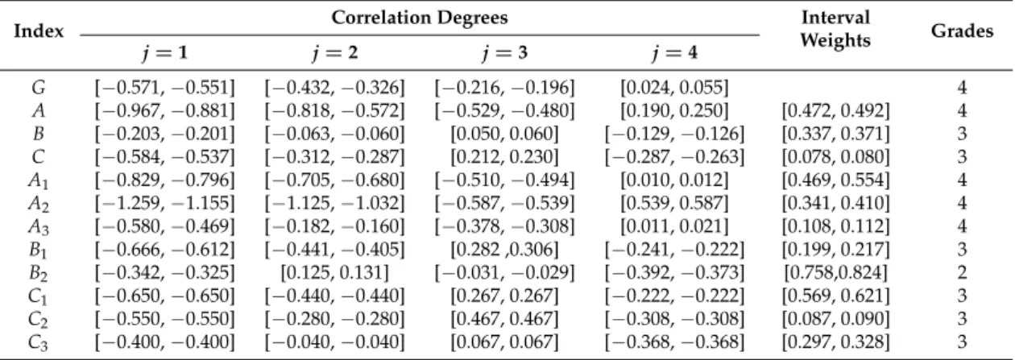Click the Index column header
[x=39, y=31]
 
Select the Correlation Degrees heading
[x=420, y=18]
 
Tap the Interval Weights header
[x=835, y=28]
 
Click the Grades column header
[x=962, y=31]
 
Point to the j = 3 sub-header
[x=504, y=52]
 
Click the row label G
[x=39, y=87]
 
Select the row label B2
[x=39, y=273]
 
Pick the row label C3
[x=39, y=342]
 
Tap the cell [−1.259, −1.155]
[x=165, y=203]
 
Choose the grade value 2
[x=962, y=272]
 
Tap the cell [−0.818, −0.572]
[x=334, y=110]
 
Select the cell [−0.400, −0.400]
[x=165, y=342]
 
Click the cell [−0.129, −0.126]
[x=674, y=134]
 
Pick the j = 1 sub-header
[x=165, y=52]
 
